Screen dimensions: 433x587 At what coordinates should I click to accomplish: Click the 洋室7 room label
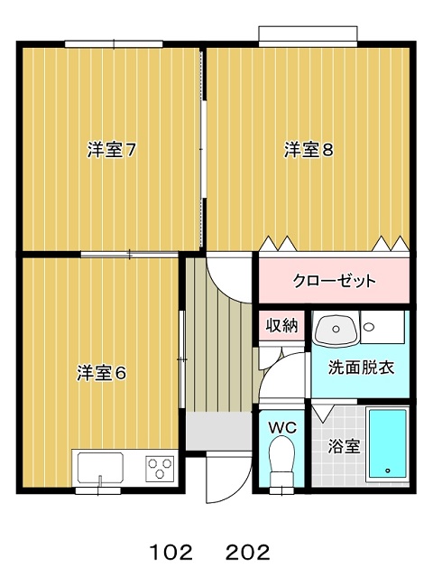coord(111,151)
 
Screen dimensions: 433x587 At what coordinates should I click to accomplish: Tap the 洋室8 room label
coord(309,150)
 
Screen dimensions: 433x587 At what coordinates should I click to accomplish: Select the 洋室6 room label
coord(102,372)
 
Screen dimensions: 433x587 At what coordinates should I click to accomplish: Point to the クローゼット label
coord(334,280)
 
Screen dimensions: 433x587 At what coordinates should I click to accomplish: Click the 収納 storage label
coord(282,325)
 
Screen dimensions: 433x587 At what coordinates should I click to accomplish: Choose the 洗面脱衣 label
coord(361,368)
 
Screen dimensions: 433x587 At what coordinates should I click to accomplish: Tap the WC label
coord(282,427)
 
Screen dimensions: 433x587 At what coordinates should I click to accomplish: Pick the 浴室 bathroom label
coord(344,446)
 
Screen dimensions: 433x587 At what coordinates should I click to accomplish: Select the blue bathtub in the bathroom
coord(388,444)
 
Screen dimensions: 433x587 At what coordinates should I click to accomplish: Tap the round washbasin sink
coord(335,328)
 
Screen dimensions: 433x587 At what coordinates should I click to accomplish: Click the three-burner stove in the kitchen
coord(160,468)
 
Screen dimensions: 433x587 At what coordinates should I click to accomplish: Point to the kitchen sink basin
coord(101,468)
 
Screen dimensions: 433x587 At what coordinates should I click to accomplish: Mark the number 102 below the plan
coord(170,552)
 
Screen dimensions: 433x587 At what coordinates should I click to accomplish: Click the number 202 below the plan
coord(247,552)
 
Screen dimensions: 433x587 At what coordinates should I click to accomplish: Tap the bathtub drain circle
coord(387,471)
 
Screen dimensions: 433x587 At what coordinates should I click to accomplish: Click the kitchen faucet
coord(99,480)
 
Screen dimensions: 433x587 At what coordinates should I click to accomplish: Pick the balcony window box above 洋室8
coord(309,36)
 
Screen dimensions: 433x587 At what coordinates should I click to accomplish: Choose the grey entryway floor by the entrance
coord(218,432)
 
